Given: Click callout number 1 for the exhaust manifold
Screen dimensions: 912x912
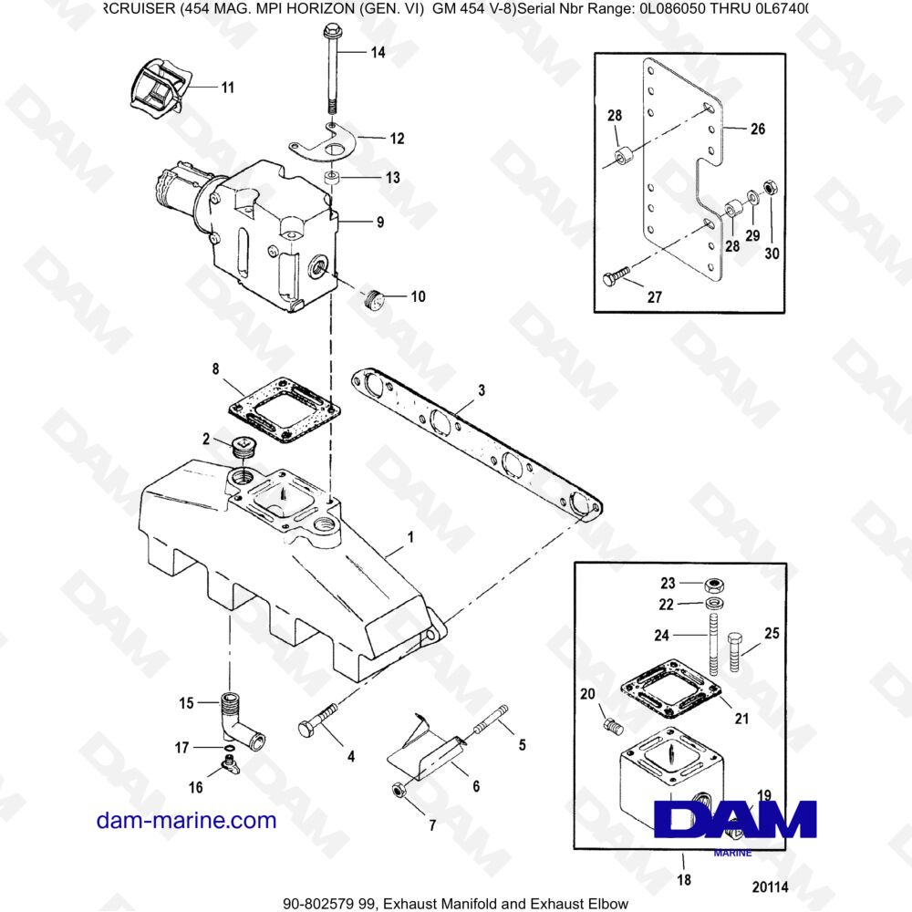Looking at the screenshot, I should tap(409, 540).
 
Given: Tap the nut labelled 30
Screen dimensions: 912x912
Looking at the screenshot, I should tap(769, 188).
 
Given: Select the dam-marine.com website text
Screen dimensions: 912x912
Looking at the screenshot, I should tap(186, 820).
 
